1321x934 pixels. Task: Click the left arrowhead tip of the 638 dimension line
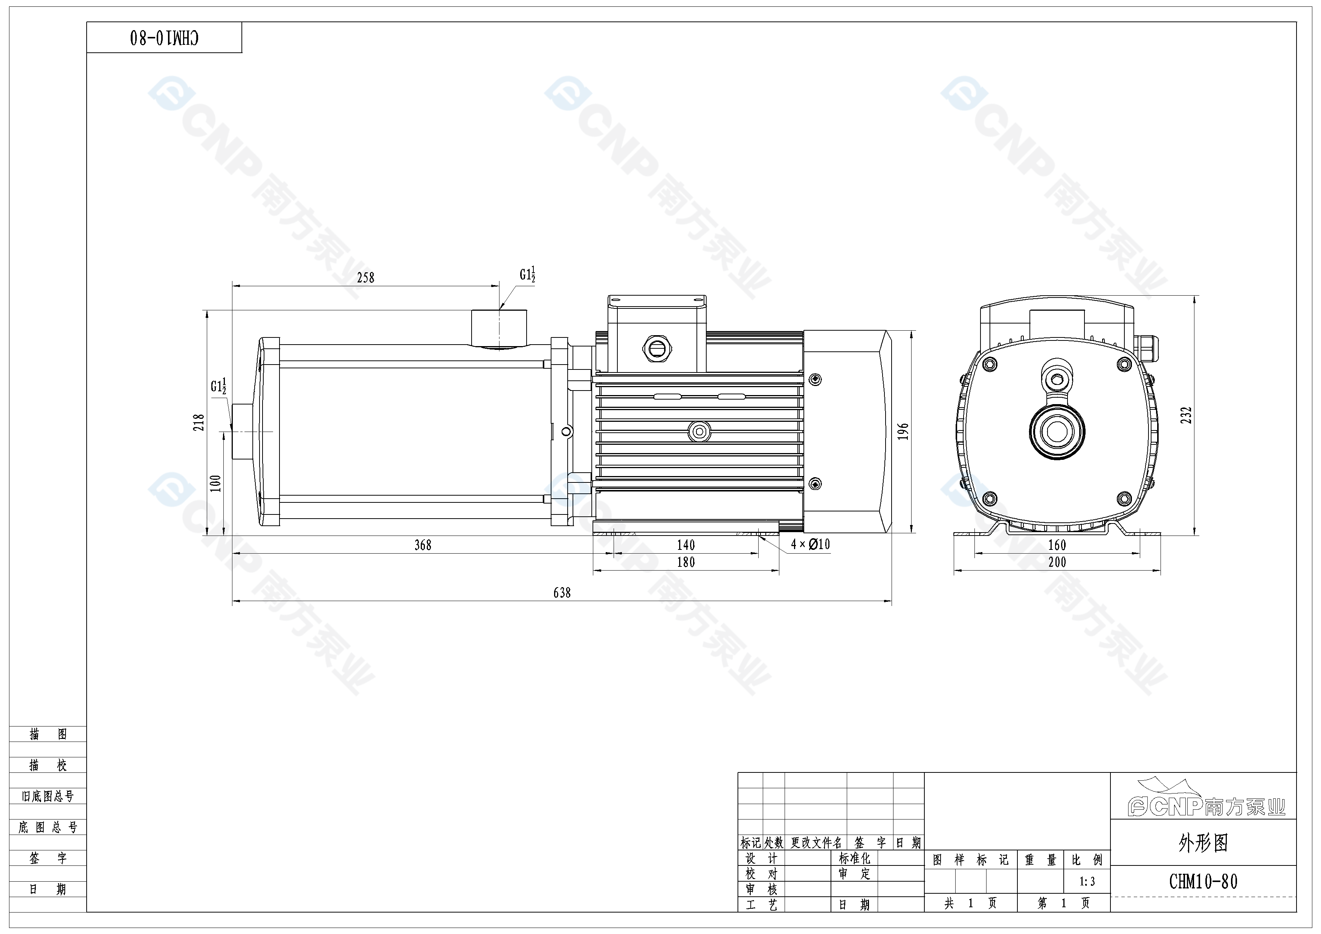[x=232, y=601]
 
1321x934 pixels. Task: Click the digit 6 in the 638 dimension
[x=556, y=593]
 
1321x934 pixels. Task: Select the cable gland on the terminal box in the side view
[x=657, y=348]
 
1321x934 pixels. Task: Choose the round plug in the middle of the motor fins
[x=699, y=431]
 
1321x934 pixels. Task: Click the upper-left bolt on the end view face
[x=990, y=364]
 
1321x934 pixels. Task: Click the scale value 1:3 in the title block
[x=1087, y=882]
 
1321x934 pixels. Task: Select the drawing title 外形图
[x=1203, y=843]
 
